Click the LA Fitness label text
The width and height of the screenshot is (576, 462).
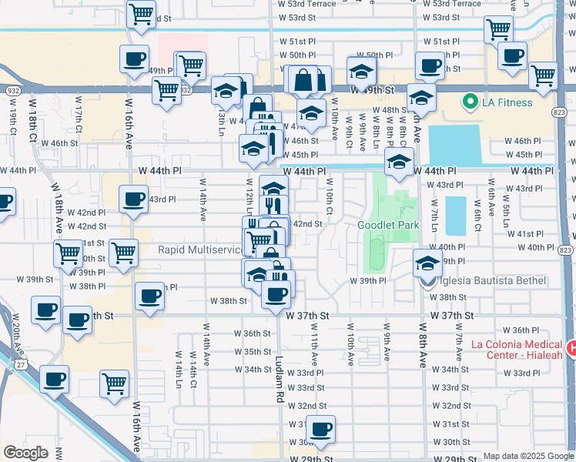[x=509, y=102]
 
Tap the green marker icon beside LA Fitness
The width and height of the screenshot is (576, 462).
[x=468, y=102]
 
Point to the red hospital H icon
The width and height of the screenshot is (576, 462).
[x=571, y=349]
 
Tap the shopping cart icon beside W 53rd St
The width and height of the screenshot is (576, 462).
[x=141, y=14]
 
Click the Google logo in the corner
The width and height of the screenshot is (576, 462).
[x=25, y=453]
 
